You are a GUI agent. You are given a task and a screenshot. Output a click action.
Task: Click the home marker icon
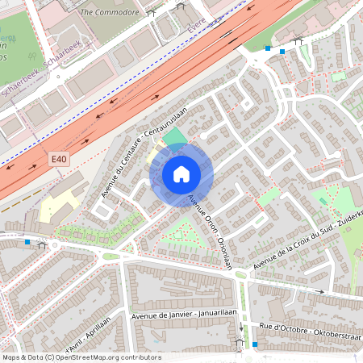click(181, 173)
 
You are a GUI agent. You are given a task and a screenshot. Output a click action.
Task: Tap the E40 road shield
click(58, 160)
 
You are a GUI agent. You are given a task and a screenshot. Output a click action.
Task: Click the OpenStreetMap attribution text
click(81, 357)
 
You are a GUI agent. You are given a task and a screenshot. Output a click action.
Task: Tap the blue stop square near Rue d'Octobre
click(256, 344)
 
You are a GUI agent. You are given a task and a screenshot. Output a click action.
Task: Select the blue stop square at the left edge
click(28, 241)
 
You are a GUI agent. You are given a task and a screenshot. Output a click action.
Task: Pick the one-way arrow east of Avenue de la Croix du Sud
click(322, 290)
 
